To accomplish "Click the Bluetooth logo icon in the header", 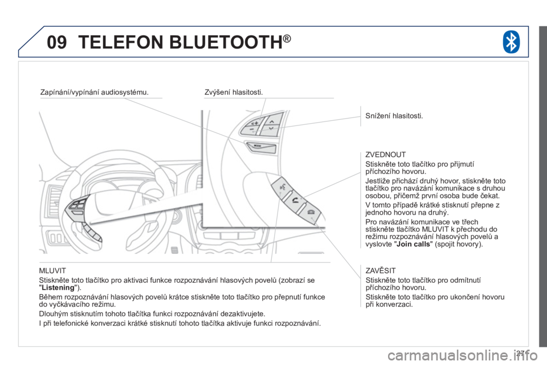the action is (x=511, y=42).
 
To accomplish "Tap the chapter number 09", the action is (x=57, y=42).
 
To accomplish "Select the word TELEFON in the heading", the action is (x=121, y=42).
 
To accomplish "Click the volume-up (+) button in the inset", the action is (x=254, y=123).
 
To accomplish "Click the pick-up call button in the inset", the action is (x=295, y=201).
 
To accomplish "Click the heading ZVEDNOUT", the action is (x=386, y=155).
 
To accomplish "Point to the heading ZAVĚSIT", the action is (x=380, y=270).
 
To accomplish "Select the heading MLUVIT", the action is (x=52, y=270).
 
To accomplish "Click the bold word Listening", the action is (x=58, y=288).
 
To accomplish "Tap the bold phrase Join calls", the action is (x=414, y=244).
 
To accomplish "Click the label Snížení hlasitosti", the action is (x=394, y=116).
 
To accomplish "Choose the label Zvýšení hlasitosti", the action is (x=234, y=92).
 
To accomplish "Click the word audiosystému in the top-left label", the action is (x=125, y=92).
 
